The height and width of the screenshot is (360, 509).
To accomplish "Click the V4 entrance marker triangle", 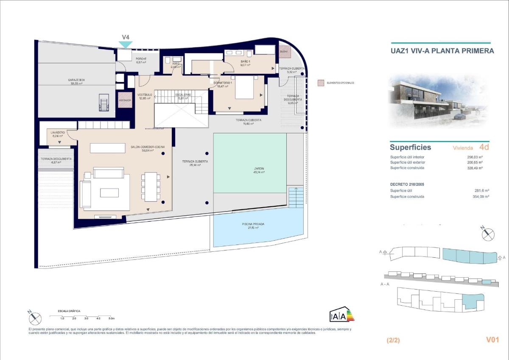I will pos(126,44).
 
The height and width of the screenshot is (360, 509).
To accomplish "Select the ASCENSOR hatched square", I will pos(125,100).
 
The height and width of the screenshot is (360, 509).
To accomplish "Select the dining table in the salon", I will pos(151,186).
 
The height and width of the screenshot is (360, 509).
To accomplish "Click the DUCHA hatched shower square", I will pos(283,51).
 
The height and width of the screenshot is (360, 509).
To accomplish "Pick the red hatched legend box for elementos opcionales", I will pos(321,83).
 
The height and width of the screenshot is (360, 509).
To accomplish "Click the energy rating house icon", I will pos(341,314).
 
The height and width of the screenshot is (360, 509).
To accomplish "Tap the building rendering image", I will pos(439,101).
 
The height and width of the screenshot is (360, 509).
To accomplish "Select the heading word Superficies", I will pos(410,148).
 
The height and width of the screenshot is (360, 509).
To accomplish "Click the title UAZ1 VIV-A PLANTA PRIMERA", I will pos(442,51).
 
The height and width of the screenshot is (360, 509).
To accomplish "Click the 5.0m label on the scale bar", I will pos(111,318).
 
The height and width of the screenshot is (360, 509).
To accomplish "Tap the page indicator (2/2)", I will pos(393,340).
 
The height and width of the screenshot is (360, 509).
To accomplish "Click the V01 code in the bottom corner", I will pos(492,340).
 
